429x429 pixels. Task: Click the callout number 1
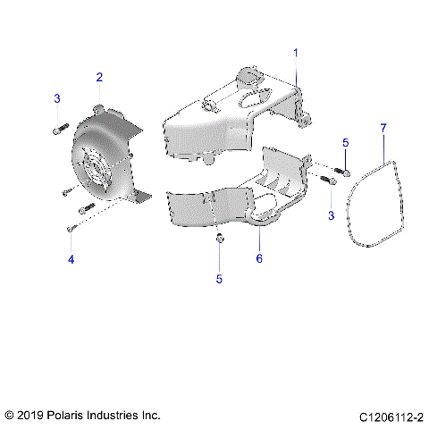[x=296, y=54]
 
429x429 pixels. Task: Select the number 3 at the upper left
[x=56, y=97]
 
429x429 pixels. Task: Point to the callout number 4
[x=70, y=259]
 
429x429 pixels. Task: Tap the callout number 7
[x=383, y=129]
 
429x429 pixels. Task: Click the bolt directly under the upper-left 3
[x=58, y=130]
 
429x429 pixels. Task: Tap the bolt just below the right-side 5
[x=343, y=170]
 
